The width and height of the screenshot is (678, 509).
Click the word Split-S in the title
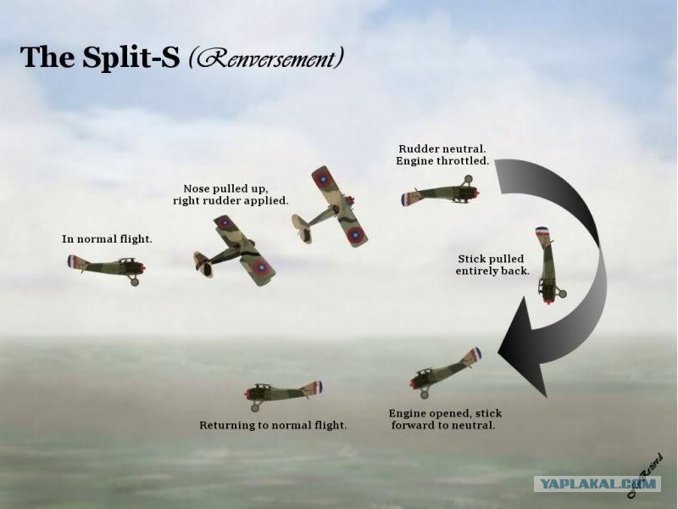131,58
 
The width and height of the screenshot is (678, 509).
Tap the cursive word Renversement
266,58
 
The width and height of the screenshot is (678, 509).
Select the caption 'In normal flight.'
107,239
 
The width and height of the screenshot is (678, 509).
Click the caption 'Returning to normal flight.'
273,425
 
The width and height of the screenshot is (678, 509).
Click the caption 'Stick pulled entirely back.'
492,265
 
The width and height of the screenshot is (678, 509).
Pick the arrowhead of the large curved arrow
524,347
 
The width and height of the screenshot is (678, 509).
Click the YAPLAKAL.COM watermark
597,484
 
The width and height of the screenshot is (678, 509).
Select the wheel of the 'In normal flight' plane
135,282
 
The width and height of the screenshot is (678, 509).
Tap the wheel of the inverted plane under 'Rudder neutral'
468,179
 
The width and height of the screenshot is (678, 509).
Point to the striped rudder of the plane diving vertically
542,232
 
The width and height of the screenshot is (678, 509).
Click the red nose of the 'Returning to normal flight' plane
247,394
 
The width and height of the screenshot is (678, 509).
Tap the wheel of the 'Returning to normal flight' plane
255,408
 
